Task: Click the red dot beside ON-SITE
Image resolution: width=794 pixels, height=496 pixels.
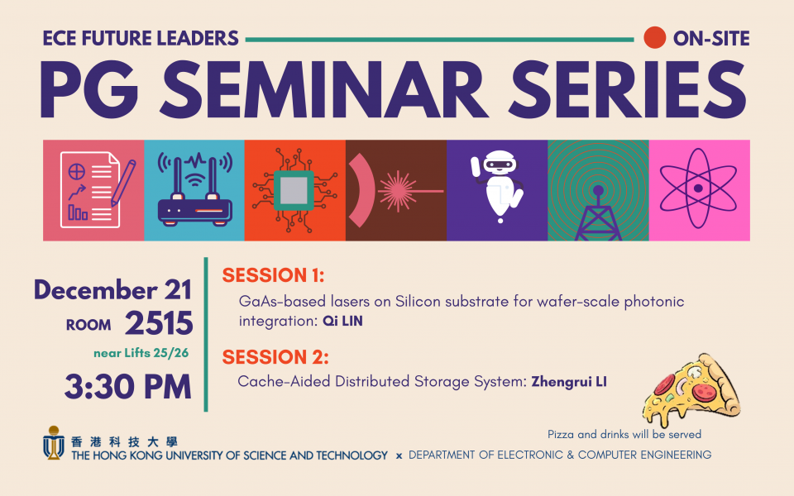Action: (654, 38)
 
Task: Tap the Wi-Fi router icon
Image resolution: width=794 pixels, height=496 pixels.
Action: (194, 189)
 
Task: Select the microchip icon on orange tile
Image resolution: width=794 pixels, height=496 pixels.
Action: (294, 190)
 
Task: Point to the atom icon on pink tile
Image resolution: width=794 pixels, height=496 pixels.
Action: (698, 188)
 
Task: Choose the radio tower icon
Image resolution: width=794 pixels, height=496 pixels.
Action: (598, 212)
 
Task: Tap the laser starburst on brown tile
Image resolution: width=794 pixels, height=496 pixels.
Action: (398, 191)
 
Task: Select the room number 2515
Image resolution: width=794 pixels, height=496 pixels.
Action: (159, 323)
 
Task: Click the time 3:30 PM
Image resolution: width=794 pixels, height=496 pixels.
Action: (128, 387)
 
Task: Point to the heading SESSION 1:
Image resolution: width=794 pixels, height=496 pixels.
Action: (273, 275)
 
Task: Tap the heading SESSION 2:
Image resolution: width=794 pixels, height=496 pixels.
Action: (275, 357)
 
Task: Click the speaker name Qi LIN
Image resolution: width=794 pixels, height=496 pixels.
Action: (342, 321)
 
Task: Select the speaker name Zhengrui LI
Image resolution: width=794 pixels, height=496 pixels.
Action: (569, 381)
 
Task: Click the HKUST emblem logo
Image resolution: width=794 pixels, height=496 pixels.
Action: (53, 442)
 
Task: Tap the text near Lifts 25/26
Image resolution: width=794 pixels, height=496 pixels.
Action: (141, 353)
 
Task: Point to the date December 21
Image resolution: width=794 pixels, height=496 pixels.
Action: (112, 290)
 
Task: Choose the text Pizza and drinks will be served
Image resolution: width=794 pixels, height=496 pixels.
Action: (624, 434)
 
